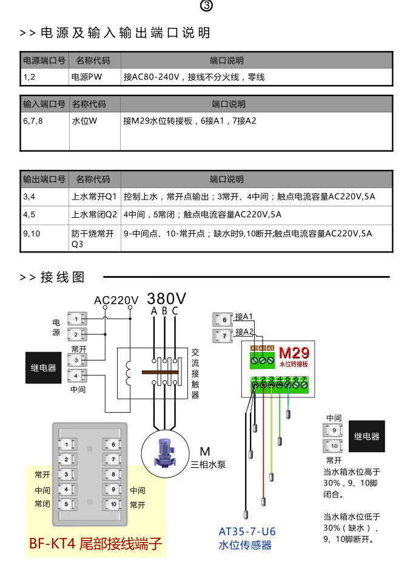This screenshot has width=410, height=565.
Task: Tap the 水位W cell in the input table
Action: [84, 121]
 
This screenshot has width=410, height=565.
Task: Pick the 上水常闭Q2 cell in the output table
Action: [94, 214]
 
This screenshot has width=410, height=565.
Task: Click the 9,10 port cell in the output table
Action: [32, 232]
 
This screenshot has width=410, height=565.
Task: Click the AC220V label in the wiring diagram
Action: [116, 300]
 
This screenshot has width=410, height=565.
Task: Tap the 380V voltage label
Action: [167, 299]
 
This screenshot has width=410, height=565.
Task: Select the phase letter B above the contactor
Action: [164, 311]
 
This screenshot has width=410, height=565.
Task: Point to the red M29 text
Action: [294, 353]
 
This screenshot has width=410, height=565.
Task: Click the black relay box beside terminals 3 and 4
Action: [43, 367]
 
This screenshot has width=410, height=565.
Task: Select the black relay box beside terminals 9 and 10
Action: [366, 436]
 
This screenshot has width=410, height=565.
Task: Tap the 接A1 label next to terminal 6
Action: [244, 316]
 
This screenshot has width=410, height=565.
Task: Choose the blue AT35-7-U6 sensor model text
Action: [247, 531]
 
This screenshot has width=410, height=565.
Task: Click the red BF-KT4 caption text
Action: [96, 543]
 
